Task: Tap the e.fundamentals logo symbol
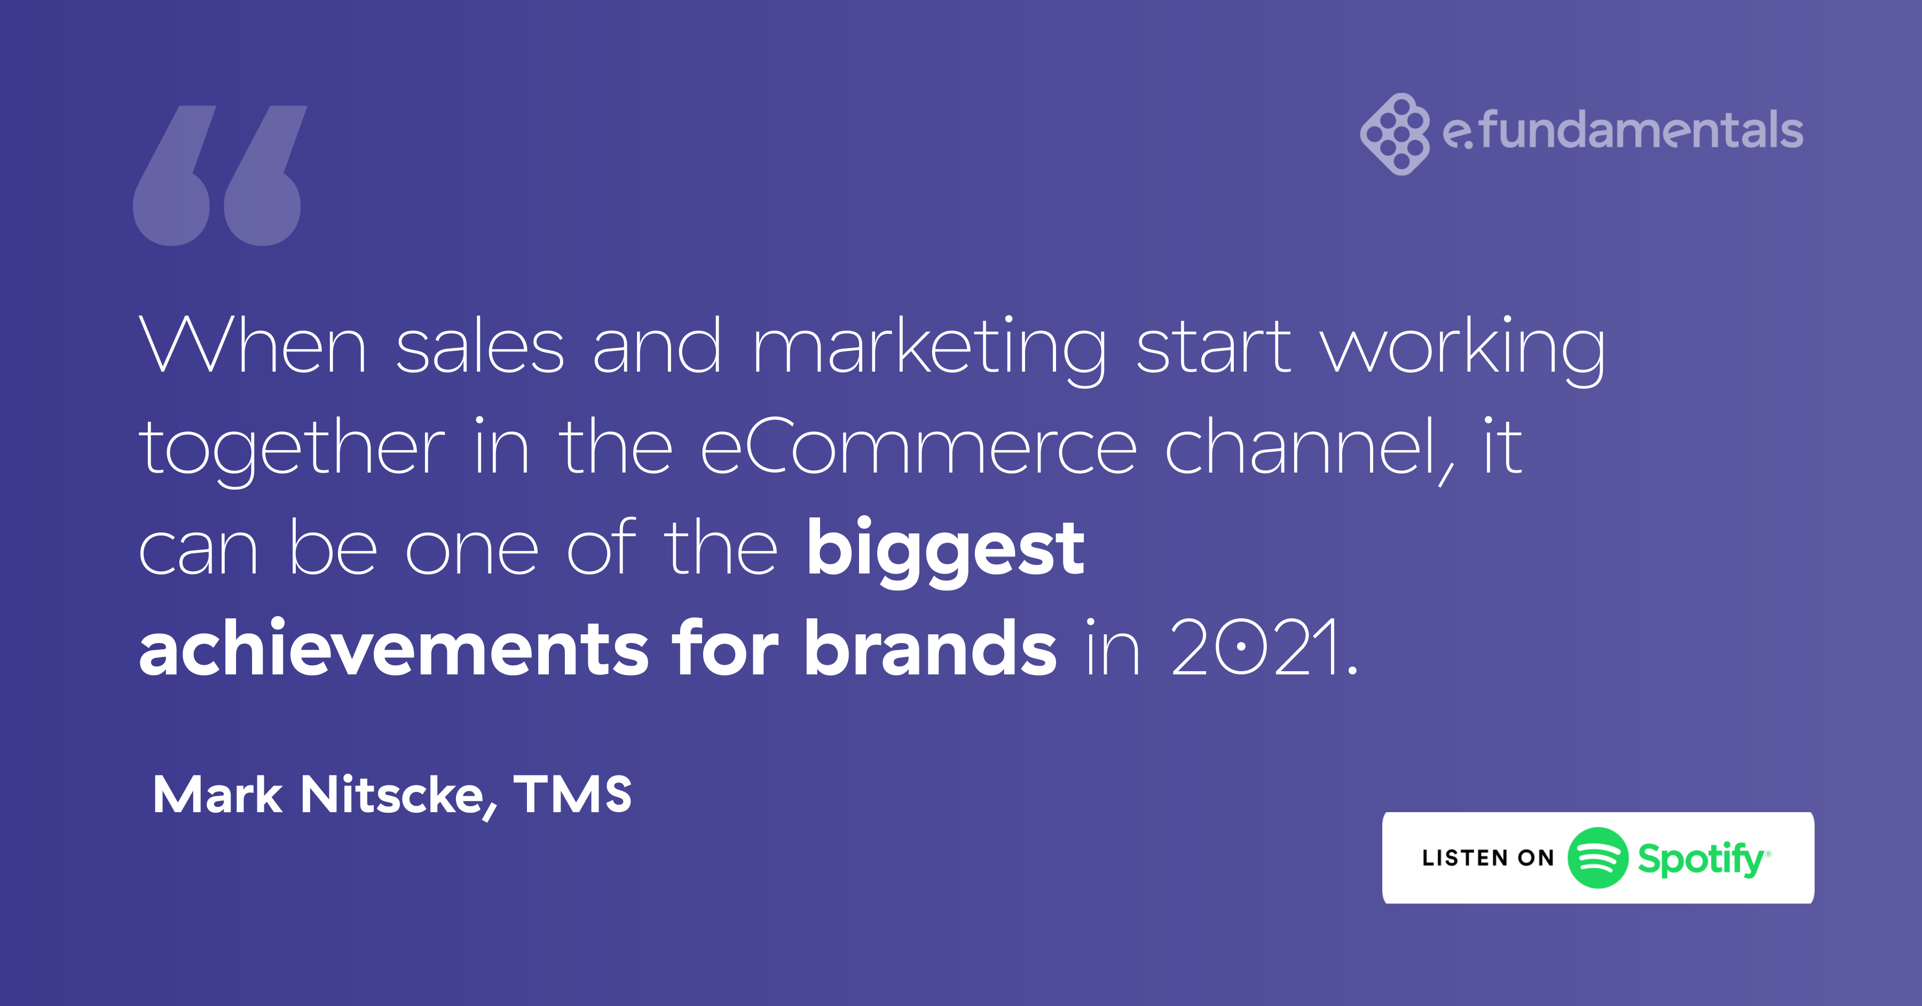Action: (1395, 135)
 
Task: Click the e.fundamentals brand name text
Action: (1623, 131)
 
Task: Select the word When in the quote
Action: (252, 345)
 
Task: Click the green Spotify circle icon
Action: (1597, 858)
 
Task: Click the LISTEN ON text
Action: (1488, 858)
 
